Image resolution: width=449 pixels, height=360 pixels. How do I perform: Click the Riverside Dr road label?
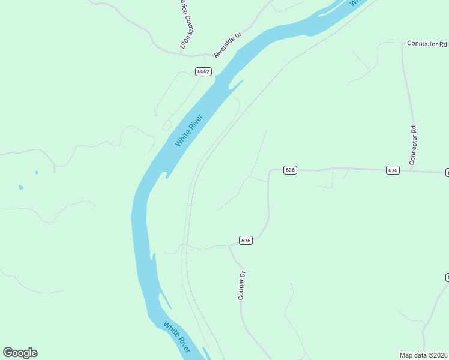pos(228,44)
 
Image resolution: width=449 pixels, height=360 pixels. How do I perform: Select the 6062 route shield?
pos(203,71)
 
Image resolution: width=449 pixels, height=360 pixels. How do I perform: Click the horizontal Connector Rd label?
pos(427,44)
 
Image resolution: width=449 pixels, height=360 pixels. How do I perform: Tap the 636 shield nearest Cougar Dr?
pos(245,240)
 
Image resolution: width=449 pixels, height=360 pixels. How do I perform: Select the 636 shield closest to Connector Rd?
pos(393,170)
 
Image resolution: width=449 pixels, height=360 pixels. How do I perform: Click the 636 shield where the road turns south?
pos(290,170)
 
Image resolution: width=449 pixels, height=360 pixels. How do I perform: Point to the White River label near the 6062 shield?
pos(189,130)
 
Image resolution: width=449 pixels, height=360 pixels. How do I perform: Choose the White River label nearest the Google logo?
pos(177,337)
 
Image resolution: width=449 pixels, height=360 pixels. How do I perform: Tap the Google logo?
pos(20,353)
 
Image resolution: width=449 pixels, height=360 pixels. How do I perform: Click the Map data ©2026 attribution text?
pos(424,355)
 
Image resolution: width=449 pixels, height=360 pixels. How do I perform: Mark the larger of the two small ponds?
pos(21,187)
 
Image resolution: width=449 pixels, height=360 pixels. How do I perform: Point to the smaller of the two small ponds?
pos(36,173)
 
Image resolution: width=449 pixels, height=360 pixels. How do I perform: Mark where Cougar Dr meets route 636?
pos(229,245)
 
